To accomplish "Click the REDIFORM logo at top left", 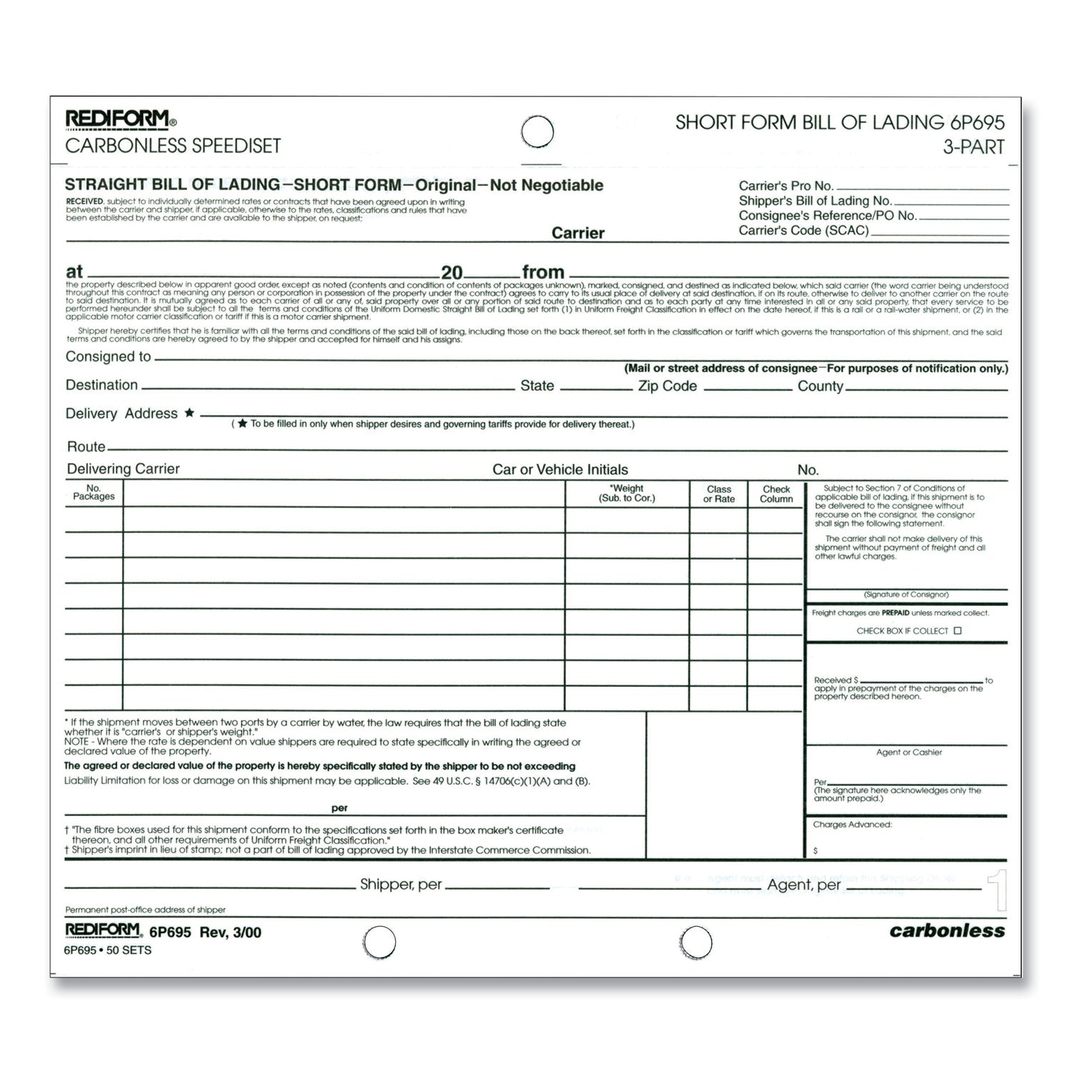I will tap(117, 119).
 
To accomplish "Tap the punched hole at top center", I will tap(537, 132).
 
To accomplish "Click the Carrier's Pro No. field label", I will tap(785, 186).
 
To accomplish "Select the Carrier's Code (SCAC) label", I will tap(803, 230).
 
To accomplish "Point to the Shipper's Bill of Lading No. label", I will tap(815, 201).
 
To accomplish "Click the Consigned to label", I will tap(108, 357).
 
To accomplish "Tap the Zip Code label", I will tap(667, 386).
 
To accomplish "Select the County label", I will tap(820, 386).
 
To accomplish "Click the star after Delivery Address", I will tap(189, 412).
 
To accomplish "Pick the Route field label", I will tap(86, 447).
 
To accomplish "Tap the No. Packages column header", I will tap(94, 492).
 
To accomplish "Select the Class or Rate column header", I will tap(718, 494).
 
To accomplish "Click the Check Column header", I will tap(776, 494).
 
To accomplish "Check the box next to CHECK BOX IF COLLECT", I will tap(958, 630).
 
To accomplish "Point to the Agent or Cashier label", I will tap(908, 752).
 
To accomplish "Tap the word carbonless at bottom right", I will tap(946, 930).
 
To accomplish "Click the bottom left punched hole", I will tap(379, 943).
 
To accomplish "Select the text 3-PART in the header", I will tap(973, 147).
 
